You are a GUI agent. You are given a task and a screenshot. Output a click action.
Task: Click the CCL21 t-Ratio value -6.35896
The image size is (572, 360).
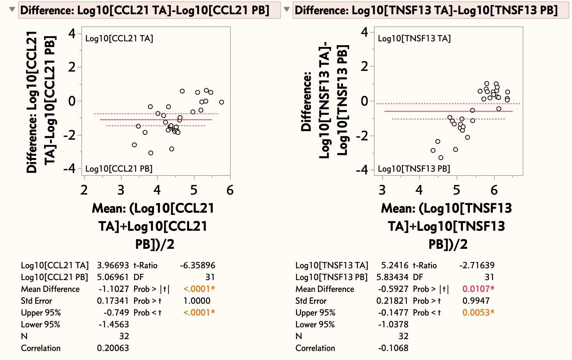pos(197,265)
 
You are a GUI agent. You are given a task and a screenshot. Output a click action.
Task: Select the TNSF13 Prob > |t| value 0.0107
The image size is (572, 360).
pos(478,289)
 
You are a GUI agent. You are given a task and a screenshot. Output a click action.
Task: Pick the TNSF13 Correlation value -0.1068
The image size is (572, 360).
pos(393,348)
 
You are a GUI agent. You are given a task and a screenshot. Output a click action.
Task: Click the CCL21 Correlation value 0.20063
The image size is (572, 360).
pos(113,348)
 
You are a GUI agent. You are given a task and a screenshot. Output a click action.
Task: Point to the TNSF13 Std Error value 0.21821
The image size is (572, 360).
pos(392,301)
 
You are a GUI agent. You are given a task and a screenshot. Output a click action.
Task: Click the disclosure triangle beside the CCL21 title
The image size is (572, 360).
pos(12,9)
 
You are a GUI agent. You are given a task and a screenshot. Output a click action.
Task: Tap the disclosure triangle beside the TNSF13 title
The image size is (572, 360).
pos(287,9)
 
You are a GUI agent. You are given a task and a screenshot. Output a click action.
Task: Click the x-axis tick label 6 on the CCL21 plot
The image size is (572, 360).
pos(230,190)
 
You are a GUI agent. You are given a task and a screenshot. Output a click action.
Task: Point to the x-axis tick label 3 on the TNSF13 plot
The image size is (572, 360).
pos(382,190)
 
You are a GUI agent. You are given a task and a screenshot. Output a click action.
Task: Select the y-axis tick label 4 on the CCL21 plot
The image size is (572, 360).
pos(72,34)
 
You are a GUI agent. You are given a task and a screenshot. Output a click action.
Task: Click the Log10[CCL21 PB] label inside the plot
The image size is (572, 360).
pos(119,169)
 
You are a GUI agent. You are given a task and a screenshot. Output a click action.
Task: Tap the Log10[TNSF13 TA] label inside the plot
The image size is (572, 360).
pos(414,39)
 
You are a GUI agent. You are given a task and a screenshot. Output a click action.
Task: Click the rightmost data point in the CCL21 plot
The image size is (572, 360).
pos(221,102)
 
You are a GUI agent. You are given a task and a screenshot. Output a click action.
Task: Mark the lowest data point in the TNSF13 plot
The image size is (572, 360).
pos(441,158)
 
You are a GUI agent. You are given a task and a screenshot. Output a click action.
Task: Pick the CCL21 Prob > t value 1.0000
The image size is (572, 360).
pos(197,301)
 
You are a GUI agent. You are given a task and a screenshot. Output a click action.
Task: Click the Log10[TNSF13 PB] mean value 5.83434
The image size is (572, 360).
pos(392,277)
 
